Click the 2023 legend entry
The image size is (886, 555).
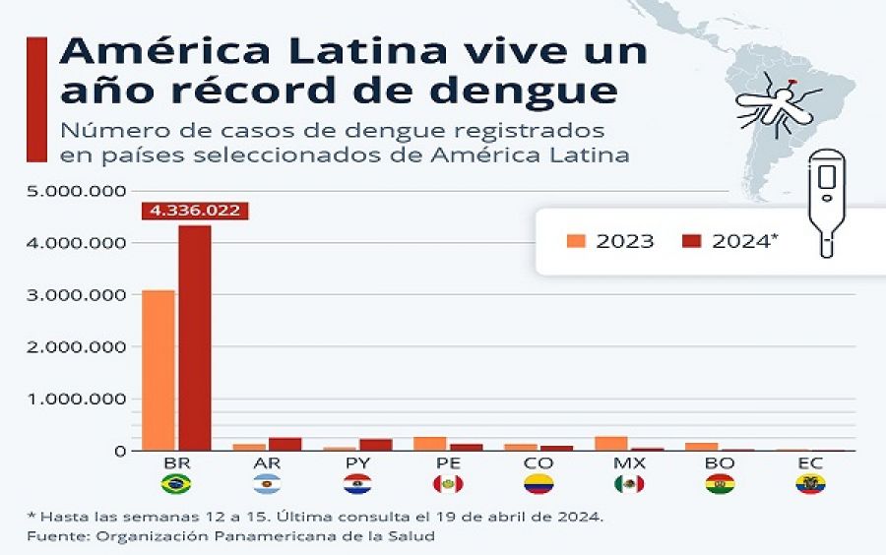[x=610, y=241]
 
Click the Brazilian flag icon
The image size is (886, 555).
[x=175, y=484]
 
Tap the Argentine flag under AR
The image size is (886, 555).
[x=266, y=484]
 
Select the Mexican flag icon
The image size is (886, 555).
[x=628, y=484]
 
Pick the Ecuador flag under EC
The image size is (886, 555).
[x=810, y=484]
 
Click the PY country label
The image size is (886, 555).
[x=357, y=462]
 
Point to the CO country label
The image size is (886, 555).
[x=538, y=462]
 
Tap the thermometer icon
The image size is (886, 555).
[x=827, y=202]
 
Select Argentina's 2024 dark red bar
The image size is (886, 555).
[x=285, y=444]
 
